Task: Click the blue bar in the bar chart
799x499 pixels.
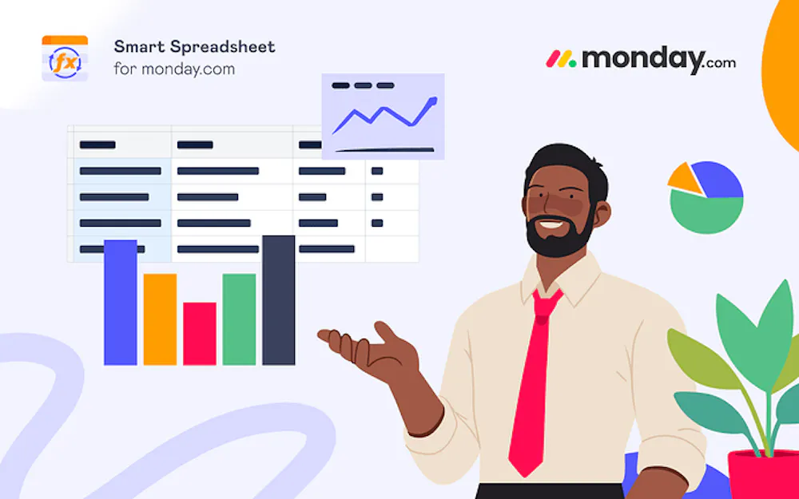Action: [x=121, y=303]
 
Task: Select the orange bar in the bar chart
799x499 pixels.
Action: [x=160, y=319]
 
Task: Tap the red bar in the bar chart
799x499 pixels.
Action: [x=200, y=334]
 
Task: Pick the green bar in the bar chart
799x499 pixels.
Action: [x=239, y=319]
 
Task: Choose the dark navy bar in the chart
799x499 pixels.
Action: [x=278, y=300]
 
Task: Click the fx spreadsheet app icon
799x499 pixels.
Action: [x=65, y=58]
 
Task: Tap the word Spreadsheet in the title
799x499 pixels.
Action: [x=223, y=47]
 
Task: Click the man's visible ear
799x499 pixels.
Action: [x=602, y=214]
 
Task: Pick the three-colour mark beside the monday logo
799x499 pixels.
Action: [x=561, y=58]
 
